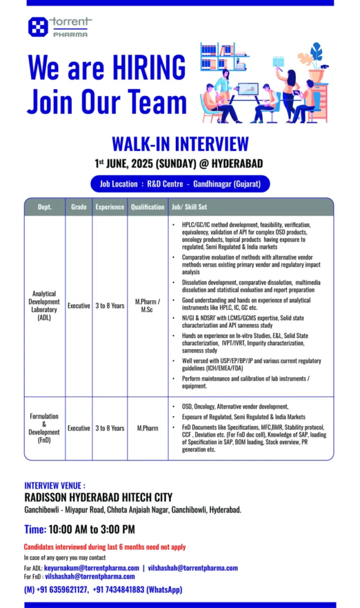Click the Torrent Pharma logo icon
point(38,27)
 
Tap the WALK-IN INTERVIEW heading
point(180,144)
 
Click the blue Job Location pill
point(180,184)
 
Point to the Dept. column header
point(45,207)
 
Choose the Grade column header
point(78,207)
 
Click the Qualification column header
point(147,207)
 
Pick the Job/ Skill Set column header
point(190,207)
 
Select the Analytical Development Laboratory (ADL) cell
point(45,305)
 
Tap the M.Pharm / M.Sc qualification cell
point(147,306)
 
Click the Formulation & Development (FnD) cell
point(45,428)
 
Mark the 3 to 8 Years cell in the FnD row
point(110,428)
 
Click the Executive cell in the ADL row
point(78,306)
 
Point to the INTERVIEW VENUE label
point(55,485)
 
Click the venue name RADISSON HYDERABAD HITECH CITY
point(98,498)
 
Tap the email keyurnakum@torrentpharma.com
point(91,568)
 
